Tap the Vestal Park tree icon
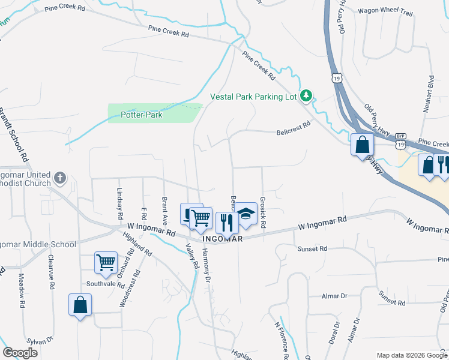[306, 95]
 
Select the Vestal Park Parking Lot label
[253, 97]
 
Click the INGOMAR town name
[223, 239]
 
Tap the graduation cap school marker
[245, 214]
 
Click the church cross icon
[59, 178]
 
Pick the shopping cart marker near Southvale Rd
[106, 262]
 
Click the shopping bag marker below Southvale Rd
[80, 305]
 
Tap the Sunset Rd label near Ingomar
[312, 248]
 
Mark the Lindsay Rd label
[119, 205]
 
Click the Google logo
[20, 353]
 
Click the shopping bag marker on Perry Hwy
[363, 145]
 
